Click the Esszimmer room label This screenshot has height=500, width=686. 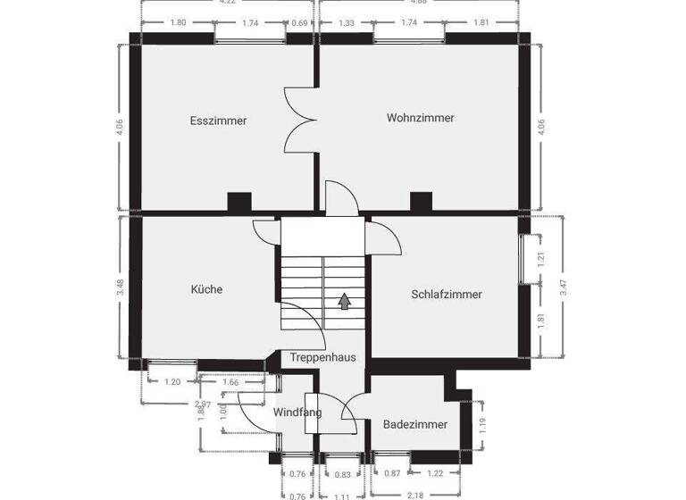[x=218, y=121]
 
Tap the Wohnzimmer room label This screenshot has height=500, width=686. [x=420, y=118]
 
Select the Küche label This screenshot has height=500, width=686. [x=206, y=289]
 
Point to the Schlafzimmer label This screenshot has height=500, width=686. [x=447, y=294]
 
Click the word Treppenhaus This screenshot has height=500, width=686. [x=322, y=357]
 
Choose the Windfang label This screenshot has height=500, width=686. [x=297, y=412]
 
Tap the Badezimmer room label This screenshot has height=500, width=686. [x=415, y=425]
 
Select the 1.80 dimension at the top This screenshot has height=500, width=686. [x=178, y=22]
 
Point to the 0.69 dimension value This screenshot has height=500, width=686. [x=300, y=22]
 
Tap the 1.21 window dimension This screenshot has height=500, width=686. [x=541, y=261]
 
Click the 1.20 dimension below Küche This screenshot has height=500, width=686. [x=172, y=382]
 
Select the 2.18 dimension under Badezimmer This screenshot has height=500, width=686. [x=414, y=495]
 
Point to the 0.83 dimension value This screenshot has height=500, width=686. [x=343, y=473]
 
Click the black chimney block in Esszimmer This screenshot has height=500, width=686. [x=238, y=202]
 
